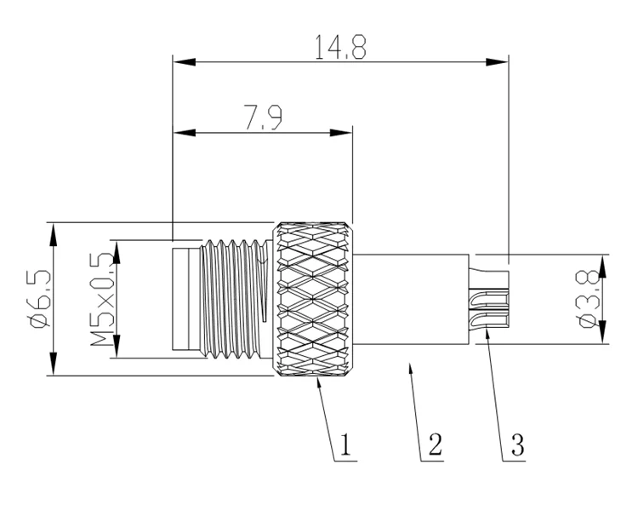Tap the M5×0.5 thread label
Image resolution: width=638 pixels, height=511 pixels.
(x=102, y=298)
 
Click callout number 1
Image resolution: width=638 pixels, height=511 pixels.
(x=345, y=444)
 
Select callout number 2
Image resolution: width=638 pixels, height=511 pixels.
(x=435, y=444)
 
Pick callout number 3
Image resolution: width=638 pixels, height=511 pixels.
(x=516, y=444)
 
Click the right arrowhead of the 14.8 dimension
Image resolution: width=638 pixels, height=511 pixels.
(x=502, y=62)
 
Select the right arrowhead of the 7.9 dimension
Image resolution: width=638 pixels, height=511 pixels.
(x=345, y=133)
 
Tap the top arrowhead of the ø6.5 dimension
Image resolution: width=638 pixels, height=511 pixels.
(x=54, y=229)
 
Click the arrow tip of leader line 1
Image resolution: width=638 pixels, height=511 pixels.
(x=317, y=382)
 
